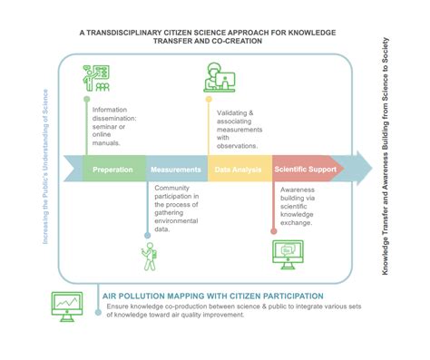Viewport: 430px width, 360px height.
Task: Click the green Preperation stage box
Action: tap(113, 169)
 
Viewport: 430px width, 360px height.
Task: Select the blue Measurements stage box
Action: tap(176, 169)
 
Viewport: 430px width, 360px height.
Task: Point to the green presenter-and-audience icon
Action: tap(96, 78)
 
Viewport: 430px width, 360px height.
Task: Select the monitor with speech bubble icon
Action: tap(292, 252)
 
